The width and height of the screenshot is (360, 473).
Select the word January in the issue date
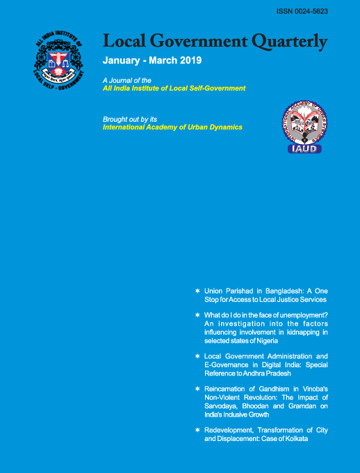coord(122,61)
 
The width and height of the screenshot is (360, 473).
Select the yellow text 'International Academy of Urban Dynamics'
coord(172,127)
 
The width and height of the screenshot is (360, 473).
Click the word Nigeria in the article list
coord(265,341)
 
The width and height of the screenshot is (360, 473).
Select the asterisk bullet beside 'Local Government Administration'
coord(198,357)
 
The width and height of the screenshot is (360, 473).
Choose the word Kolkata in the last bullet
coord(293,440)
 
